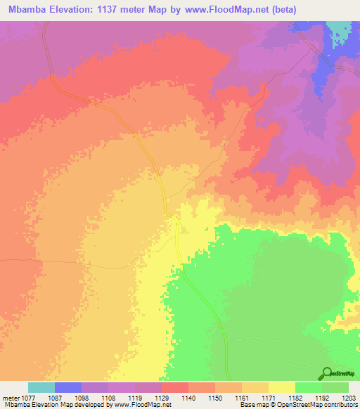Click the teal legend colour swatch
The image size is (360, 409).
coord(41,387)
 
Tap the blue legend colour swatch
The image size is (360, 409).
coord(67,387)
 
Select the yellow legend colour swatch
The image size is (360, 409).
coord(281,387)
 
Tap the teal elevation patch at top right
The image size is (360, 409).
coord(340,30)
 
